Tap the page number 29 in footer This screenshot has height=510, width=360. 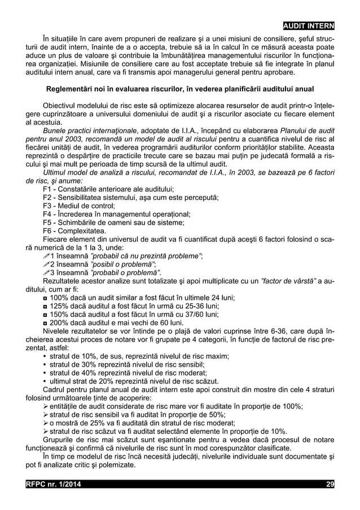coord(330,484)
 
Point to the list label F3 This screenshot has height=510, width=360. coord(48,206)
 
